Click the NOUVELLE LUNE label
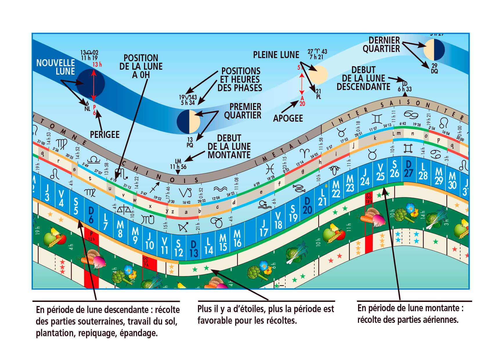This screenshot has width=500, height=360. pos(55,67)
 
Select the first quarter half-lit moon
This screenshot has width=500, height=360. pos(189,121)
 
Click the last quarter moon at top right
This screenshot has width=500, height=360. pos(434,50)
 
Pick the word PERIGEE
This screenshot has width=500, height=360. pos(105,135)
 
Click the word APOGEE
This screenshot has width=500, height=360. pos(288,118)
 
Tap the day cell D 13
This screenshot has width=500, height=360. pos(194,249)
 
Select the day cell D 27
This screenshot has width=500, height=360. pos(409,168)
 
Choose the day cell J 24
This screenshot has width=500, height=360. pos(365,177)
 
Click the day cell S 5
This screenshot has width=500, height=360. pos(76,206)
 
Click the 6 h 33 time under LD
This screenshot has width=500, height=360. pos(405,89)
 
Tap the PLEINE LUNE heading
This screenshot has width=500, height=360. pos(276,55)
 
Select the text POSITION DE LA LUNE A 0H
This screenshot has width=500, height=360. pos(141,66)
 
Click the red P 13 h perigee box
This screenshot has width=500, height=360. pos(91,236)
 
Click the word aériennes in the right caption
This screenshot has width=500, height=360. pos(441,320)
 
